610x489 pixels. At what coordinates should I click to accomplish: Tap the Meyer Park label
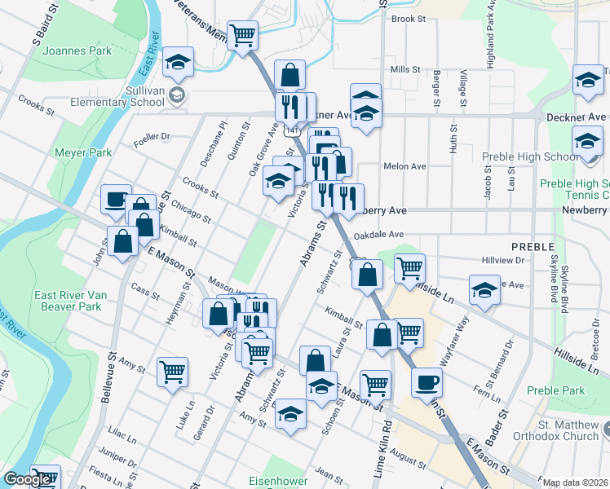[82, 152]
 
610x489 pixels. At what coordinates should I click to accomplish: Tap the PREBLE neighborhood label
[533, 246]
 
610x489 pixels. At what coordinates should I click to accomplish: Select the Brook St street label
[409, 19]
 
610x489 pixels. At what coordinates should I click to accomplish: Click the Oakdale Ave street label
[380, 235]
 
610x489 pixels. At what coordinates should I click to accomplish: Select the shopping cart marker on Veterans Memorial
[242, 37]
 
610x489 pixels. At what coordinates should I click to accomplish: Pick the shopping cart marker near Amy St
[172, 372]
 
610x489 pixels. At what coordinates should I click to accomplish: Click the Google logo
[27, 479]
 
